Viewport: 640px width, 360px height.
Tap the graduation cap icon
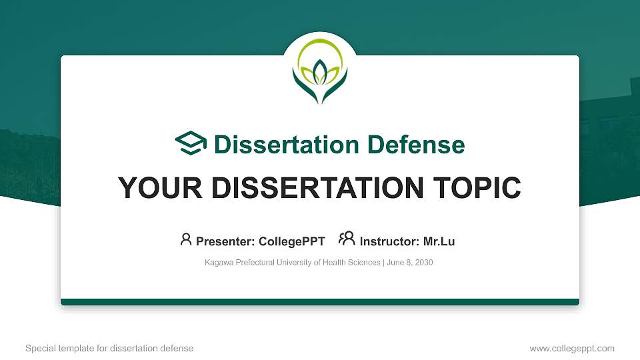point(191,144)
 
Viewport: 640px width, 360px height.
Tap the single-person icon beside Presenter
point(186,239)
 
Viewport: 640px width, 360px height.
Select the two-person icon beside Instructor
point(347,239)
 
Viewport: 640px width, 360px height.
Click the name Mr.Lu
point(439,241)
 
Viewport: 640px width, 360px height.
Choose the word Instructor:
point(389,241)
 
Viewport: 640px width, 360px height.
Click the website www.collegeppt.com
point(571,348)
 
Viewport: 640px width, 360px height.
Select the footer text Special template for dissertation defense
point(109,348)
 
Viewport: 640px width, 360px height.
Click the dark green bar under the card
point(320,302)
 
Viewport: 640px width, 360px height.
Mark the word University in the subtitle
point(295,263)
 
